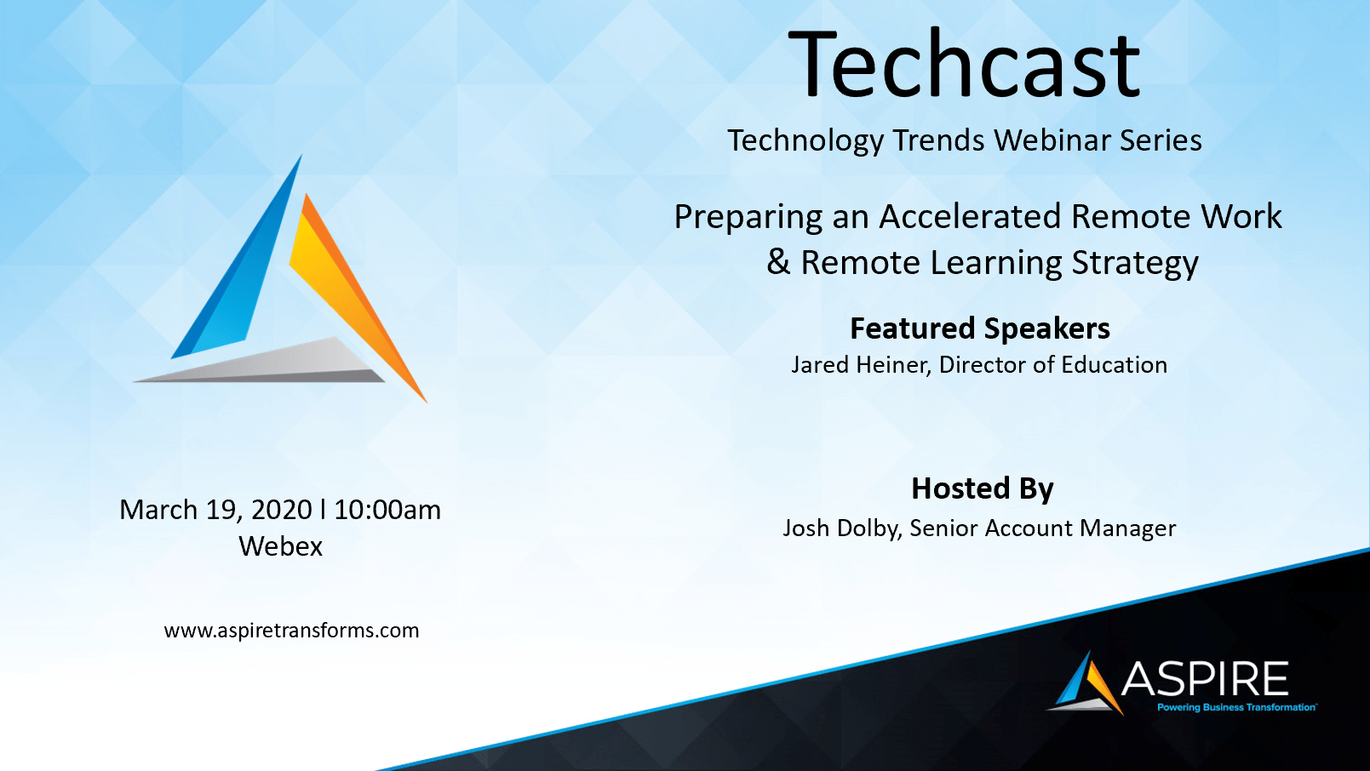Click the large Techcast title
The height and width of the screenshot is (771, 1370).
click(x=964, y=65)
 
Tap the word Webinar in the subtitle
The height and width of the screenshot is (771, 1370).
click(x=1052, y=140)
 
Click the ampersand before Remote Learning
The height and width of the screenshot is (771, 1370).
click(x=778, y=262)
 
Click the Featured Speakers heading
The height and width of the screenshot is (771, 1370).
click(x=980, y=329)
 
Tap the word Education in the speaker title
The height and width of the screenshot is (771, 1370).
click(x=1115, y=365)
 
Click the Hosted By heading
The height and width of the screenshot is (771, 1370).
click(x=983, y=488)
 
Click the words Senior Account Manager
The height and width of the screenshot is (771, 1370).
click(x=1043, y=528)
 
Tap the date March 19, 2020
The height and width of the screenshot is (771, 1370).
click(x=216, y=511)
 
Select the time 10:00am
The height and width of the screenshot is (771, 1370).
click(x=387, y=510)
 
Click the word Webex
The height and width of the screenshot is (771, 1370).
click(x=280, y=546)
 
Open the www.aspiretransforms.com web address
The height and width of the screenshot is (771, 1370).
click(x=291, y=631)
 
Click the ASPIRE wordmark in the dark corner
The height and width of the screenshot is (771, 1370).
click(x=1204, y=679)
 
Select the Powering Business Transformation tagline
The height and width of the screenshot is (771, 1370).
click(x=1236, y=707)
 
